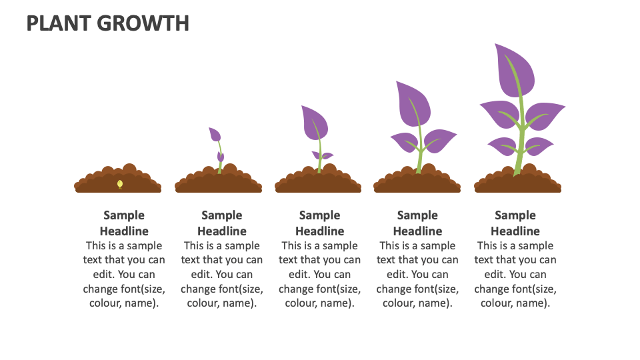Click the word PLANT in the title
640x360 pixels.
59,23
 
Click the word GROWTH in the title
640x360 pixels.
143,23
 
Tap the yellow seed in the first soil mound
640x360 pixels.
120,183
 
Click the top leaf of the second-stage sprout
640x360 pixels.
215,134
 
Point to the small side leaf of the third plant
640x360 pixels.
325,155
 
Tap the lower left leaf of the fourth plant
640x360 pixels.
403,142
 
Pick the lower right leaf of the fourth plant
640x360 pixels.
439,140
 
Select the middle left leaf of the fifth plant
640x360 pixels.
499,115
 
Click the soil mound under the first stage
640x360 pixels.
118,181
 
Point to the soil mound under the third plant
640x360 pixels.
318,182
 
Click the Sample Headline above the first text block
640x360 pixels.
124,223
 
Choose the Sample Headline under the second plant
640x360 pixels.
222,223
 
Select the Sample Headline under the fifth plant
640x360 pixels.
515,223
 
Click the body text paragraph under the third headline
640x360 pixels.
319,274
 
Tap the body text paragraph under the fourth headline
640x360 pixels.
417,274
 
